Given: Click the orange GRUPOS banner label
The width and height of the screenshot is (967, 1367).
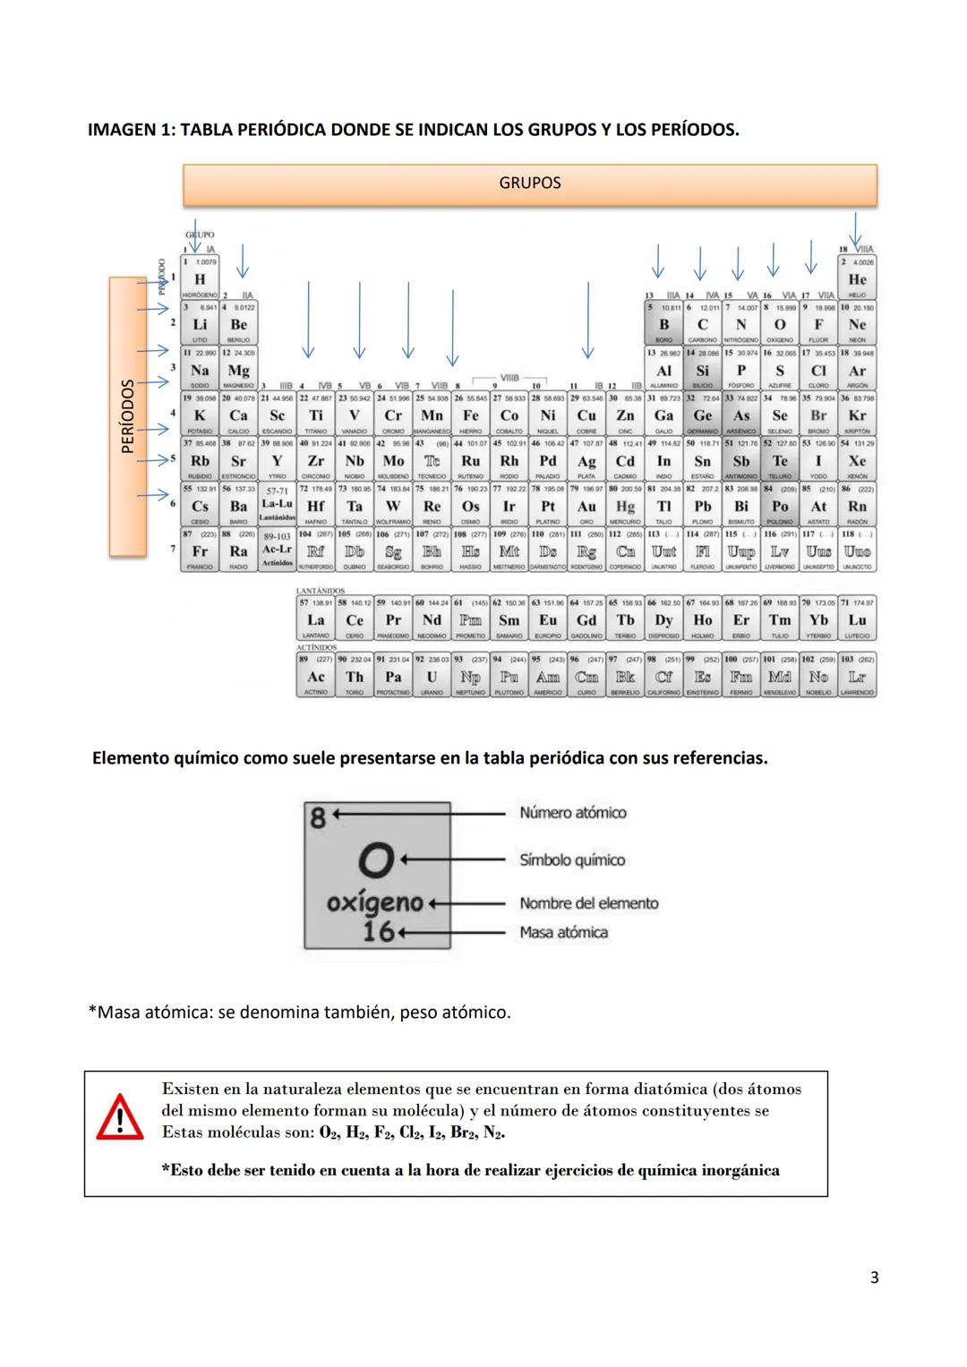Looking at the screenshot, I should point(529,184).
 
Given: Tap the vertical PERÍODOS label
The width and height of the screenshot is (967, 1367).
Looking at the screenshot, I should point(128,416).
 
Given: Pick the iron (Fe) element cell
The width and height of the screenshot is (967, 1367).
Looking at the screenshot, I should point(470,414).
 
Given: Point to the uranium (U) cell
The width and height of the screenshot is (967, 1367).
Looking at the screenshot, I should point(432,677).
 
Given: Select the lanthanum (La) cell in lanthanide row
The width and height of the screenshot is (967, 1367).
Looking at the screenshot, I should point(316,619).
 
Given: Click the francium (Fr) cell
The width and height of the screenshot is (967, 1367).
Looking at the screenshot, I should point(200,551).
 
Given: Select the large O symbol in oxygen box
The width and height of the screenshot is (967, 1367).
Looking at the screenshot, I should point(377,861).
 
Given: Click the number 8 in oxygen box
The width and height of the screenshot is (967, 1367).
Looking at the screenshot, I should point(318,816).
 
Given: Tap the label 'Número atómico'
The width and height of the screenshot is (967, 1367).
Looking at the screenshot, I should point(572,813).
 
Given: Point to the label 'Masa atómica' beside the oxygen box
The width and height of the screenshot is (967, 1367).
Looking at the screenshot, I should point(563,933).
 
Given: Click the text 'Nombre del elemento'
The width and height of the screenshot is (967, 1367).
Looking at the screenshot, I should point(588,903).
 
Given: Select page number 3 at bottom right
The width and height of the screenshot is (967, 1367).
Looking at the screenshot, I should point(874,1277).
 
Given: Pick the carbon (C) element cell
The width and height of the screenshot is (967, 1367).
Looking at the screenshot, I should point(703,324).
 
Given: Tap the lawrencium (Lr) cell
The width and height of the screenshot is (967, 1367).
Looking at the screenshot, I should point(857,677).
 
